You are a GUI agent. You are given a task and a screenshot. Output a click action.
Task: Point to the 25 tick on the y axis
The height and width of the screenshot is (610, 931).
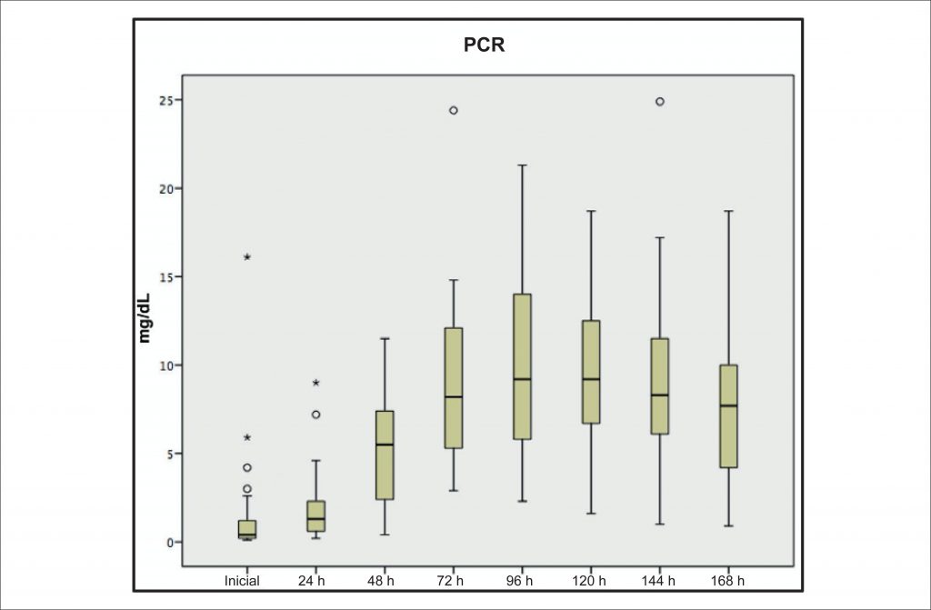(x=165, y=100)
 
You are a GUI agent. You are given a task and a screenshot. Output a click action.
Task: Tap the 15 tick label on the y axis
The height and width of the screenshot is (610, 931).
(x=165, y=276)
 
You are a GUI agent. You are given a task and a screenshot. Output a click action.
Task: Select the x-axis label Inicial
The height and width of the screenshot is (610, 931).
(x=242, y=580)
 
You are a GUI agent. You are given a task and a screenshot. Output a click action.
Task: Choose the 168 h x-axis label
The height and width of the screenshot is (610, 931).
(x=727, y=580)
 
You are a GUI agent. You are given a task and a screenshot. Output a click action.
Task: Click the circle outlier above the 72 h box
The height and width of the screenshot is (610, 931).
(x=453, y=110)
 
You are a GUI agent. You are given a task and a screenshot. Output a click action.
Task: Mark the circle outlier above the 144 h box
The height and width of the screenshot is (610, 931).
(x=659, y=102)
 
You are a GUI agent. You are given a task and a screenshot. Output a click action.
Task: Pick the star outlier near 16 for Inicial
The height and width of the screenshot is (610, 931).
(x=247, y=257)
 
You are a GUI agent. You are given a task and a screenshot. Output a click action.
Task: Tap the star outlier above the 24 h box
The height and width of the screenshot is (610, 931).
(x=315, y=383)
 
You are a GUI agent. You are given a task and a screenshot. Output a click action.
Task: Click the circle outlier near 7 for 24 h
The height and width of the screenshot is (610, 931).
(x=315, y=415)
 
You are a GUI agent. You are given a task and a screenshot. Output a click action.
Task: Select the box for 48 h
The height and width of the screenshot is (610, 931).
(x=385, y=455)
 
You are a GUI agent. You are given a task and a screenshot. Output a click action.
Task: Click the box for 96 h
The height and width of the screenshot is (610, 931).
(x=522, y=366)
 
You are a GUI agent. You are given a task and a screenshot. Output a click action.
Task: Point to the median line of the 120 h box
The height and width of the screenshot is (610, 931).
(x=590, y=379)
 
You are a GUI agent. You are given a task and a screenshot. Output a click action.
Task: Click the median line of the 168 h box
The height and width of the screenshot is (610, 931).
(x=727, y=405)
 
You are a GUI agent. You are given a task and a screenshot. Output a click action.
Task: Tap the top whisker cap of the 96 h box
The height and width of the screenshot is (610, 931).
(x=522, y=165)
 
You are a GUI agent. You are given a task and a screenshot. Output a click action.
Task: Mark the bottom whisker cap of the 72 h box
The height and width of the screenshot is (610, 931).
(x=453, y=491)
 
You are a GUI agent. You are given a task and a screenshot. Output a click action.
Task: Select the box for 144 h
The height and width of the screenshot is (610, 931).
(x=659, y=386)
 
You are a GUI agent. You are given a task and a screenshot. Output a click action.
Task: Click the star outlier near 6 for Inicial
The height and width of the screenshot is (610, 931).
(x=247, y=437)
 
